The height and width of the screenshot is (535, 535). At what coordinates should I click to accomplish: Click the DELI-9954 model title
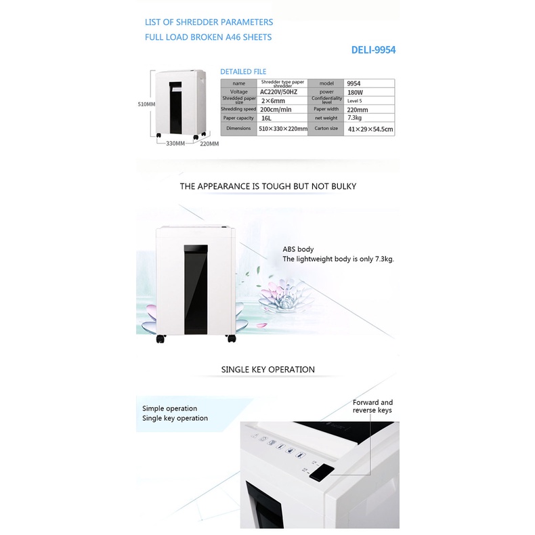tap(373, 50)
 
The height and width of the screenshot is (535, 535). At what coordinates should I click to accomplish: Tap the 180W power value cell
tap(370, 91)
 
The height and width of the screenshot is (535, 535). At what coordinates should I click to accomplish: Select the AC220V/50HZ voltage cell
tap(282, 91)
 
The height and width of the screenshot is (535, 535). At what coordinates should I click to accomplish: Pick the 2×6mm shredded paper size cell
tap(282, 100)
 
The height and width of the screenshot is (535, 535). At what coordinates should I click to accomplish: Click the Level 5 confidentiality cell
tap(370, 100)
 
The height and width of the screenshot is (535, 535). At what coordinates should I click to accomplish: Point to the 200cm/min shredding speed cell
tap(282, 109)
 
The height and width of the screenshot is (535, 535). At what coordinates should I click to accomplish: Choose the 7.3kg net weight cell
tap(370, 118)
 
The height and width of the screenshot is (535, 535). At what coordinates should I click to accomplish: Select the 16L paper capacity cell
tap(282, 118)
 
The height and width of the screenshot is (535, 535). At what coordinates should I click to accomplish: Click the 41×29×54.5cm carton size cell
tap(370, 128)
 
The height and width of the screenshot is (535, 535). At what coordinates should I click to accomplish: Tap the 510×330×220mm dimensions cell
tap(282, 128)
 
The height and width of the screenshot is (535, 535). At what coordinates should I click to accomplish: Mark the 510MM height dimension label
tap(146, 104)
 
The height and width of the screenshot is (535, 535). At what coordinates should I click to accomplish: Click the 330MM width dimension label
tap(175, 144)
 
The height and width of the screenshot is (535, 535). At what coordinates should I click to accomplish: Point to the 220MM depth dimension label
tap(209, 144)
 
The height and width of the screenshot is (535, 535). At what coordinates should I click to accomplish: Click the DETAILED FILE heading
tap(243, 72)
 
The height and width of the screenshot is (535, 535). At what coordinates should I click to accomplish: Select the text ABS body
tap(298, 249)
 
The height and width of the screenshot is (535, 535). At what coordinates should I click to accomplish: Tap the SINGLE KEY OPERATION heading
tap(267, 370)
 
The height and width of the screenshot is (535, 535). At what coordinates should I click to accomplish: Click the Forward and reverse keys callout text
tap(372, 406)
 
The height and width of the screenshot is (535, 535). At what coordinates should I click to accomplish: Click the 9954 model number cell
tap(370, 83)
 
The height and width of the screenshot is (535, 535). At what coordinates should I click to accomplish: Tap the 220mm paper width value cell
tap(370, 109)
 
